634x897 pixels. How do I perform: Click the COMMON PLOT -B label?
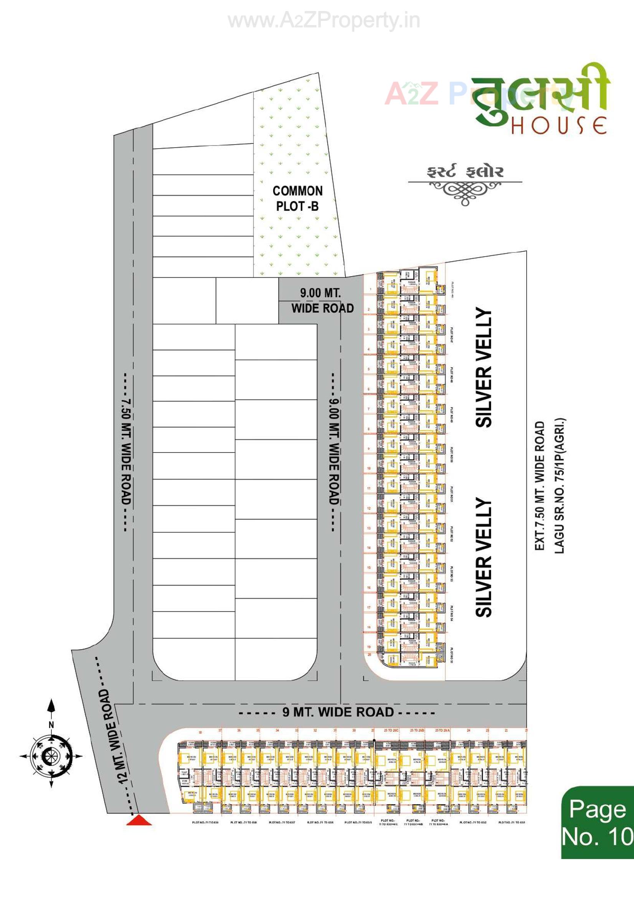tap(297, 198)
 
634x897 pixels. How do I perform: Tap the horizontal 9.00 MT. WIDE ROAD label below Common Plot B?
tap(322, 300)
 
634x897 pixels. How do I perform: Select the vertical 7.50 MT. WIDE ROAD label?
tap(125, 452)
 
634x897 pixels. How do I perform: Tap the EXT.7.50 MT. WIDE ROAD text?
tap(540, 486)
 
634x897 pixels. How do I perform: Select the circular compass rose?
tap(51, 756)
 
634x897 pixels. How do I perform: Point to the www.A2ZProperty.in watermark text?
tap(324, 21)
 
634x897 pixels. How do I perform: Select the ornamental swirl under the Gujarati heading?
tap(465, 191)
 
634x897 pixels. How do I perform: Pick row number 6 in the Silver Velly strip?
tap(369, 389)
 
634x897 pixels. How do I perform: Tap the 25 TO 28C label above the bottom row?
tap(390, 730)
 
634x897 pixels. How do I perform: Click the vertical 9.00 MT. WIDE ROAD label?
tap(334, 452)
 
